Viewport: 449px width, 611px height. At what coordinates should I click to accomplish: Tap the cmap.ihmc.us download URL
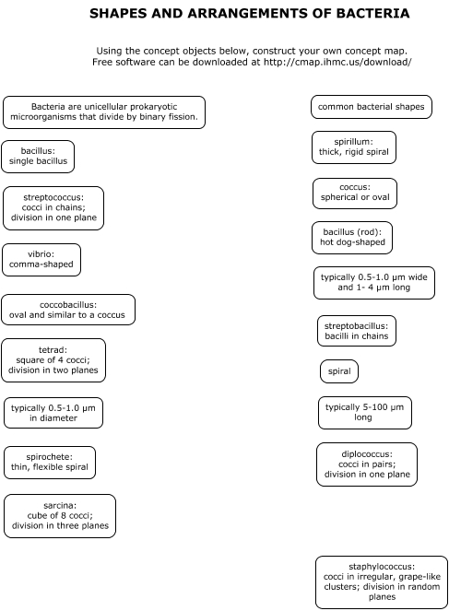pos(337,62)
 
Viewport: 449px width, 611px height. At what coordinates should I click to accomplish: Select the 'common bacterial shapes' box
pos(371,107)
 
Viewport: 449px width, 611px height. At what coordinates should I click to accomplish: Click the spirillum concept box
pos(354,147)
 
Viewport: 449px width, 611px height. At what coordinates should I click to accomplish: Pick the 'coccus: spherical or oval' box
pos(355,194)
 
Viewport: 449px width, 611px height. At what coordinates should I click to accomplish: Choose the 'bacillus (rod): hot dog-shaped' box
pos(352,238)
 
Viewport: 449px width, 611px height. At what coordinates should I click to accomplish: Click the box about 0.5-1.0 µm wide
pos(373,283)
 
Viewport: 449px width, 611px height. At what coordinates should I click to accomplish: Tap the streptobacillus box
pos(357,331)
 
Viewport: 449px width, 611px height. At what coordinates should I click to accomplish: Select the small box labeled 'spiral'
pos(339,371)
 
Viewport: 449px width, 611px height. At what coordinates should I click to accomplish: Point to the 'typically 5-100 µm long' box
pos(365,413)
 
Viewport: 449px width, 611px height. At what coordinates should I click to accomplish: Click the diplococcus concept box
pos(367,464)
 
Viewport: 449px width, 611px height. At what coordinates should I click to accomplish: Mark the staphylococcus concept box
pos(382,582)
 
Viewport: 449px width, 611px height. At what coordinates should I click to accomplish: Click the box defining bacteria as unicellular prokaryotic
pos(104,112)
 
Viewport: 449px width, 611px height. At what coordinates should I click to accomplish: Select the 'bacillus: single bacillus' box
pos(38,157)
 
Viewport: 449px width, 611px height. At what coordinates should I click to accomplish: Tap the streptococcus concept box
pos(53,208)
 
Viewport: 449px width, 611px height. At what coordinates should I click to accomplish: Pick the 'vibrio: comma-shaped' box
pos(41,260)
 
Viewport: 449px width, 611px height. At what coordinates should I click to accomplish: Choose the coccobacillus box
pos(68,310)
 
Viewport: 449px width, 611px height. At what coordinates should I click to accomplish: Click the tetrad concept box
pos(53,360)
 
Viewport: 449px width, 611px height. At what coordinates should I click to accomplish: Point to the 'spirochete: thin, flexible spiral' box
pos(50,463)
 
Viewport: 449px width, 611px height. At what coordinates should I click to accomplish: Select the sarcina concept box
pos(60,516)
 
